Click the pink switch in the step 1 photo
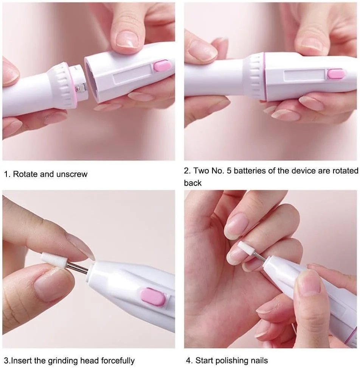pos(162,66)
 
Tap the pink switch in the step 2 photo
pos(336,73)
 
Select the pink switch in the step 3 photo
pos(153,297)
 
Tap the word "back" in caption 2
pos(192,183)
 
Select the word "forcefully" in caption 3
pos(118,360)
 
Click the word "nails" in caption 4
pos(259,360)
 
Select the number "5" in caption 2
pos(229,171)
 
